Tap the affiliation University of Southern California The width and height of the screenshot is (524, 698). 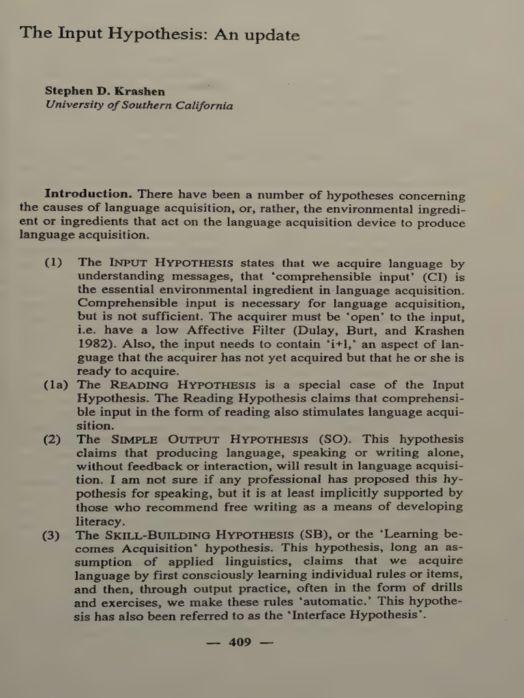(139, 106)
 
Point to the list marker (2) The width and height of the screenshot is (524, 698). (53, 439)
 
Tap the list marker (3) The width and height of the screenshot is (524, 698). (53, 534)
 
